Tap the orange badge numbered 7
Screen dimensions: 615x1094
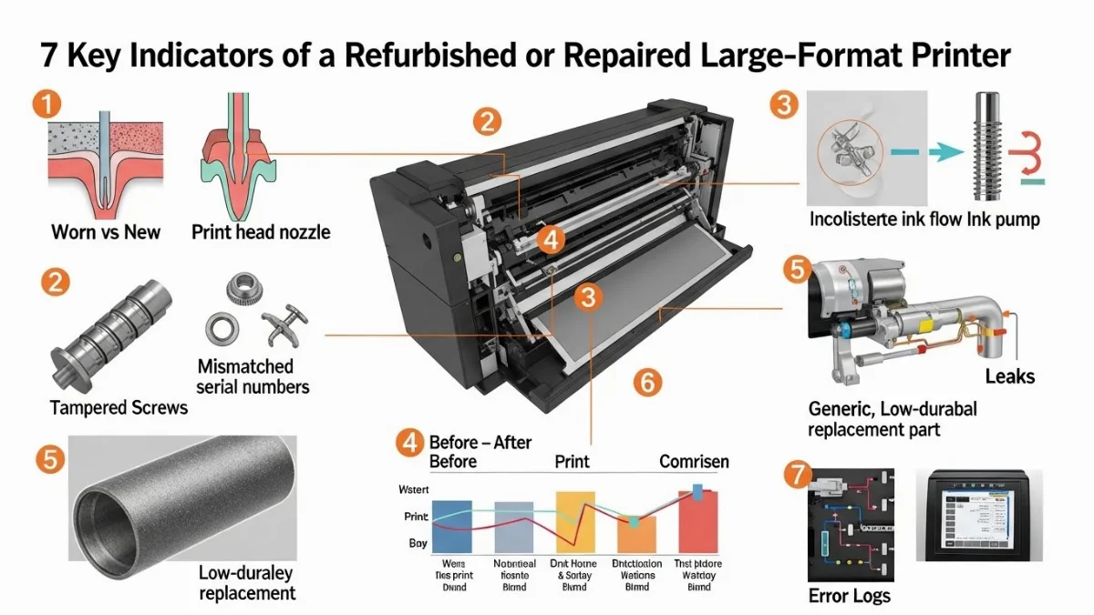[797, 474]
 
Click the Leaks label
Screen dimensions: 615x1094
[1009, 375]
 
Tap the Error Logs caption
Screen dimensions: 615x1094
[850, 597]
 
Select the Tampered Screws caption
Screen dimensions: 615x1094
[119, 406]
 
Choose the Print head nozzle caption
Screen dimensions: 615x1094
[261, 231]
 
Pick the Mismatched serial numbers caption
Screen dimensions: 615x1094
[253, 376]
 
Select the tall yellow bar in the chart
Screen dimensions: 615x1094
[575, 523]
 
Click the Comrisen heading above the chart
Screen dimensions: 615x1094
[694, 462]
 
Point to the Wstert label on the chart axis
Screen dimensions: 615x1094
[413, 489]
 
